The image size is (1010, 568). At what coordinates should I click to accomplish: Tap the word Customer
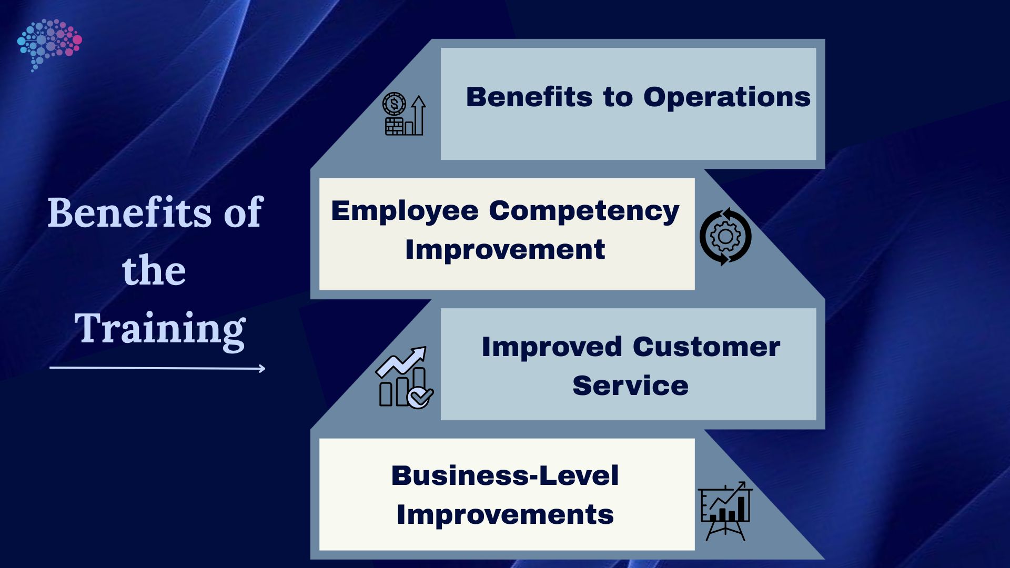point(706,347)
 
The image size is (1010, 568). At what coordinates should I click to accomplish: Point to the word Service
point(630,386)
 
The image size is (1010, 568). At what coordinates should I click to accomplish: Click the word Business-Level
point(504,476)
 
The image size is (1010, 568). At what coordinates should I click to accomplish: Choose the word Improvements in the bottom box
point(504,515)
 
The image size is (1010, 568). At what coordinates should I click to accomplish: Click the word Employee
point(405,211)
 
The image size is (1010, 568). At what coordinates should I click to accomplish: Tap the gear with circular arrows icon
point(725,237)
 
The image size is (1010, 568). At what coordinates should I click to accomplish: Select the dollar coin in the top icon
point(394,104)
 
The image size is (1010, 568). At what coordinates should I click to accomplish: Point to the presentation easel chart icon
point(725,511)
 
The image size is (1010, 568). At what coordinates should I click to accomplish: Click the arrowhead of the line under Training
point(262,369)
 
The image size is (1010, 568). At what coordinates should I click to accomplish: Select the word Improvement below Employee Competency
point(504,250)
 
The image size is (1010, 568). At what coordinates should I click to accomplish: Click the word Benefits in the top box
point(529,97)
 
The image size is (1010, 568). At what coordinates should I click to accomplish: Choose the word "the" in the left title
point(154,271)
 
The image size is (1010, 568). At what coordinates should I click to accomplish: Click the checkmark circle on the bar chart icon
point(420,398)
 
